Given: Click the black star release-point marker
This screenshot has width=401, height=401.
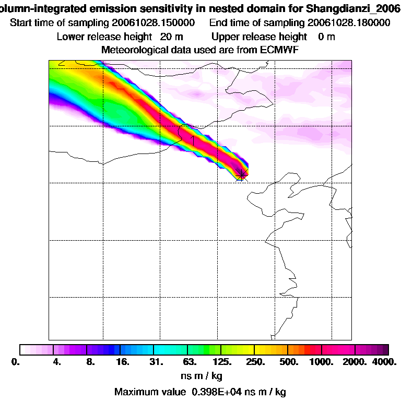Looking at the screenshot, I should (x=242, y=173).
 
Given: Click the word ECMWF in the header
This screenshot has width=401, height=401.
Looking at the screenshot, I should (x=279, y=50).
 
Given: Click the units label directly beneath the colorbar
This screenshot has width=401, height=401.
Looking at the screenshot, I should (x=200, y=376).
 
